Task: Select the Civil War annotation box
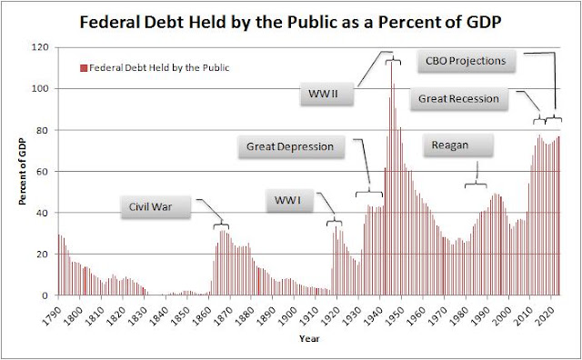coord(156,207)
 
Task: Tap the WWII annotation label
coord(326,94)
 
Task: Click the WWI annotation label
coord(290,201)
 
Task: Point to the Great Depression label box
coord(291,146)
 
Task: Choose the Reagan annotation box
coord(458,145)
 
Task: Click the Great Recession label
coord(458,99)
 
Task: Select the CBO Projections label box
coord(467,61)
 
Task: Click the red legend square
coord(84,68)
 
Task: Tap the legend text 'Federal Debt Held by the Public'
coord(159,68)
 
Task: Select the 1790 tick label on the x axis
coord(52,307)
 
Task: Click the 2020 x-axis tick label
coord(545,307)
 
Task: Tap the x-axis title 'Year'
coord(309,338)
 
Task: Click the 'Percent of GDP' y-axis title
coord(23,171)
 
